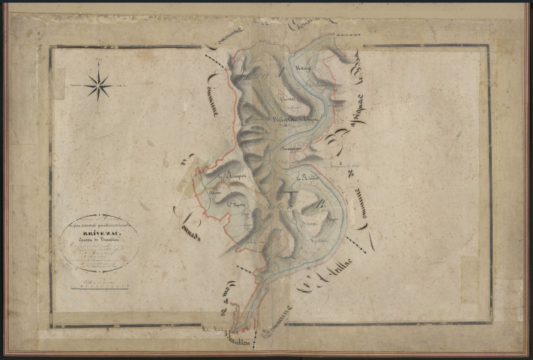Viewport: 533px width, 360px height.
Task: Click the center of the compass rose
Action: tap(98, 86)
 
